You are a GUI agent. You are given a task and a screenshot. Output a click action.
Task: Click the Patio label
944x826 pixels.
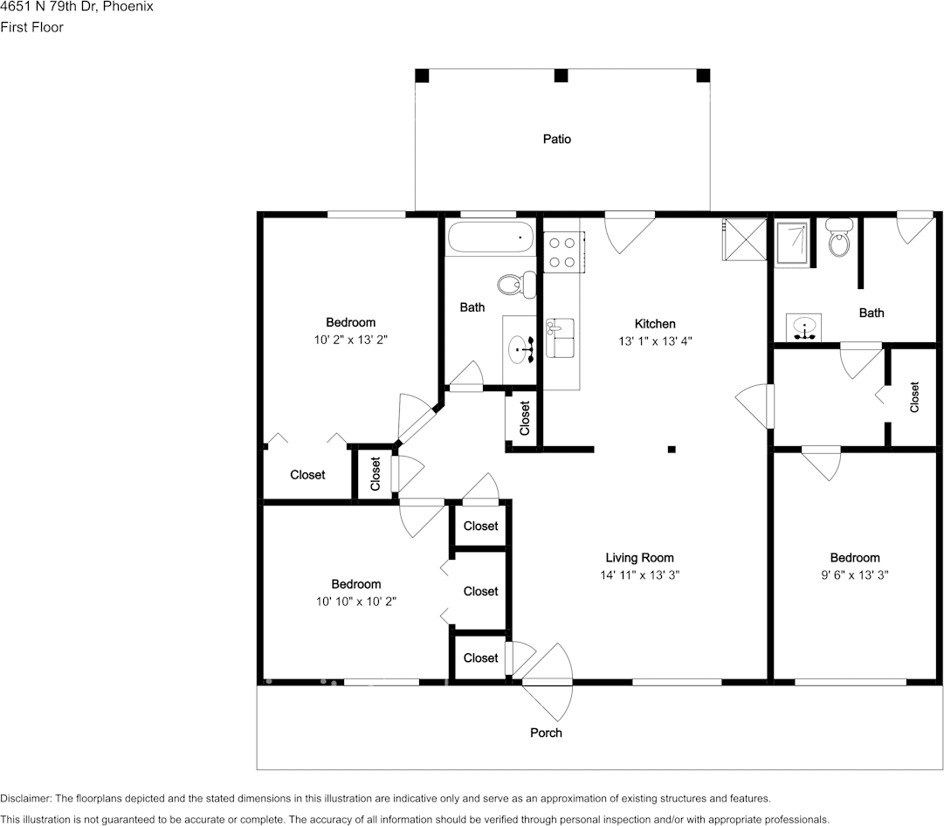click(x=556, y=139)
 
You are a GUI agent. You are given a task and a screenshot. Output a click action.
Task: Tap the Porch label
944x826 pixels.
click(x=546, y=733)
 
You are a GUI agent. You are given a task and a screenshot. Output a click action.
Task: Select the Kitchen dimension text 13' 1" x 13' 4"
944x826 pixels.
click(x=654, y=341)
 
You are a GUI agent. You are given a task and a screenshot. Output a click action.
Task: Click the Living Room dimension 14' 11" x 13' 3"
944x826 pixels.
click(x=639, y=575)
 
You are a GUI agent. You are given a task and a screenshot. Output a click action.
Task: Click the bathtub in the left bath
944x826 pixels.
click(x=489, y=237)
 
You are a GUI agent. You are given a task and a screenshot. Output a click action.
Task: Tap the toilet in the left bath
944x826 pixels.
click(x=516, y=283)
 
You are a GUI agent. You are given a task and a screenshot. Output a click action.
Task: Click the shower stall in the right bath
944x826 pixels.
click(x=793, y=240)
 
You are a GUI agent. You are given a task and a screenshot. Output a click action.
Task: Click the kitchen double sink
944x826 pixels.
click(x=560, y=338)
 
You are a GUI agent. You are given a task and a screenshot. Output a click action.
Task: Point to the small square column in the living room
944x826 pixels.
click(x=671, y=450)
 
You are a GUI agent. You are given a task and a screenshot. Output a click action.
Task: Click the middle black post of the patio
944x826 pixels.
click(x=562, y=75)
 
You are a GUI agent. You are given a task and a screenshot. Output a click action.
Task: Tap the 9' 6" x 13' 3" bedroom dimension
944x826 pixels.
click(x=854, y=575)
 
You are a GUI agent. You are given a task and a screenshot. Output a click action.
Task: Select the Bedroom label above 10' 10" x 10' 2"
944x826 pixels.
click(x=355, y=584)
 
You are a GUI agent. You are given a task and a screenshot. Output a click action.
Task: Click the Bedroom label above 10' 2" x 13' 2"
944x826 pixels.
click(x=350, y=322)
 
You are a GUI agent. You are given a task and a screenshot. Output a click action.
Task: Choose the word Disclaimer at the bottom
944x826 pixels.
click(x=25, y=799)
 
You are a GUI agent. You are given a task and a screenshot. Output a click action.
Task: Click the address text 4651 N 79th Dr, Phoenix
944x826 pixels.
click(x=77, y=7)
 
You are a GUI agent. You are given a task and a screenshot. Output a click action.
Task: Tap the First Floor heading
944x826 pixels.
click(x=31, y=27)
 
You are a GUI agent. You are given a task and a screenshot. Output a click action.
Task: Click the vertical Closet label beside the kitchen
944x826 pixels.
click(x=525, y=418)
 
